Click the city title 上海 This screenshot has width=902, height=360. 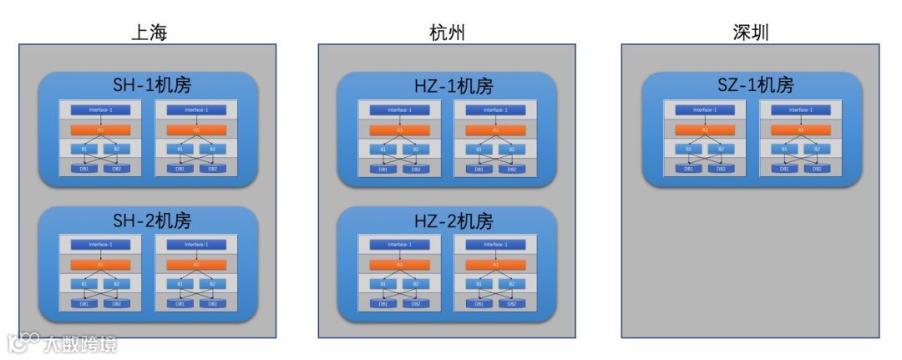[x=149, y=33]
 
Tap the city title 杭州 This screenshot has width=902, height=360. [x=447, y=33]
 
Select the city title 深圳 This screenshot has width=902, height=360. [x=749, y=33]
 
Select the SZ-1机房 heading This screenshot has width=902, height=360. [x=751, y=85]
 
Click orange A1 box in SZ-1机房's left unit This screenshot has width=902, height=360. [x=705, y=129]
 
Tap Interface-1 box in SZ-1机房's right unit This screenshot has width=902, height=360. [x=800, y=109]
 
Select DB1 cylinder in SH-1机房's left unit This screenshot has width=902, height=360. [x=84, y=168]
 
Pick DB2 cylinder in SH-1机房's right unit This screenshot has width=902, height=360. [x=213, y=168]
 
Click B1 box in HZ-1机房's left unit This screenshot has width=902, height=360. [x=383, y=150]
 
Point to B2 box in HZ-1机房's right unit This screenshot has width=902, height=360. [x=511, y=150]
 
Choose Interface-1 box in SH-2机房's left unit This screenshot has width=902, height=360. [x=100, y=245]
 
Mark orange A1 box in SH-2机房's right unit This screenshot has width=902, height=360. [x=196, y=265]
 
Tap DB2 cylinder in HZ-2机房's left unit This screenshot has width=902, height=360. [x=415, y=303]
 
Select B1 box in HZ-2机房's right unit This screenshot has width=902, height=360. [x=479, y=285]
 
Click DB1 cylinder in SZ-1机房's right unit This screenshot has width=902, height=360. [x=784, y=168]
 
